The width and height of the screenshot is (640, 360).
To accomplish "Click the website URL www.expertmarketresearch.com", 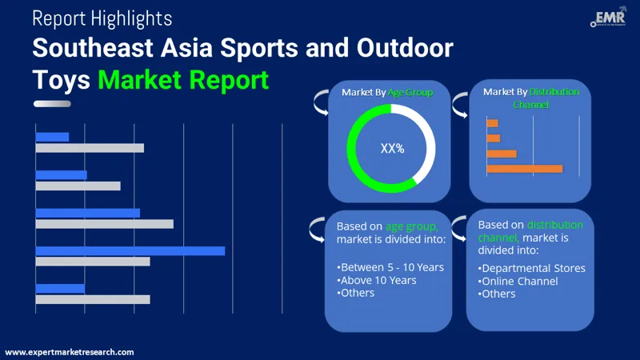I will click(x=70, y=352).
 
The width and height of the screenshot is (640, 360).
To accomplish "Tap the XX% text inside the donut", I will click(x=392, y=148).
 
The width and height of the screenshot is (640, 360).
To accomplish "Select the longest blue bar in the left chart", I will click(x=130, y=250).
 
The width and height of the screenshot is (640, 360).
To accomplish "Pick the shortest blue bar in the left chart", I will click(x=52, y=137).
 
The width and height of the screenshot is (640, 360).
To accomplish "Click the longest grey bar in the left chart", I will click(x=104, y=224).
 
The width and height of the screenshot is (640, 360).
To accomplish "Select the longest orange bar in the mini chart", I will click(x=524, y=169).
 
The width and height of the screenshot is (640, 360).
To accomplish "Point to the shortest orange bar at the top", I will click(x=492, y=123).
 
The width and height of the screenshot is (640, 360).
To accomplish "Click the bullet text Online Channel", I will click(x=519, y=281).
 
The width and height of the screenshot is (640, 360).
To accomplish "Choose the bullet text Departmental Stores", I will click(x=533, y=268).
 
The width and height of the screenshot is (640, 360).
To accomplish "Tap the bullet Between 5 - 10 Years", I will click(x=390, y=267).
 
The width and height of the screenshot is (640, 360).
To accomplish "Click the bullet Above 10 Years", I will click(x=378, y=280).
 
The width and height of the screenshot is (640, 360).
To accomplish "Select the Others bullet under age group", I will click(x=356, y=293).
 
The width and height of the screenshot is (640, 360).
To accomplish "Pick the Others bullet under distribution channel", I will click(x=498, y=294).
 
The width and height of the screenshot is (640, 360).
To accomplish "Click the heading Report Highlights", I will click(x=102, y=18).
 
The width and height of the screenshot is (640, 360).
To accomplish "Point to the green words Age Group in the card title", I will click(x=410, y=92).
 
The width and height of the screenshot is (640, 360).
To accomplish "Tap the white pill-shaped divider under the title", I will click(x=52, y=104).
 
